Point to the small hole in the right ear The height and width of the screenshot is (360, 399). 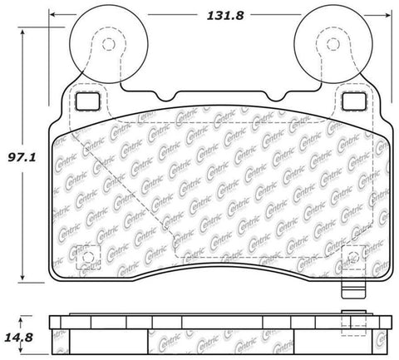point(331,45)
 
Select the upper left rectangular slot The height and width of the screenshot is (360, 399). point(86,100)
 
